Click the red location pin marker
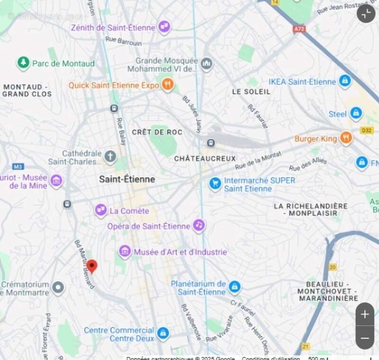(92, 266)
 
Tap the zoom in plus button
(365, 314)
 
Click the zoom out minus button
(365, 338)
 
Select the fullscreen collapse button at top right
(366, 13)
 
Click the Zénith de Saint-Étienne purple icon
(164, 27)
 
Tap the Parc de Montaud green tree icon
(23, 63)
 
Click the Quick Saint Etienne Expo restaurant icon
(167, 85)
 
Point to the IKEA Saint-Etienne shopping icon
(345, 81)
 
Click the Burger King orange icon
(346, 138)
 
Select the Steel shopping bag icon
(356, 113)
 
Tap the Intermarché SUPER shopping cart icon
(215, 184)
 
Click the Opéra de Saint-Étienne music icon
(199, 225)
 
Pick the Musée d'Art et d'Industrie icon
(125, 251)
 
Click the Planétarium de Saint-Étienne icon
(235, 287)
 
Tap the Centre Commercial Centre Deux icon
(163, 333)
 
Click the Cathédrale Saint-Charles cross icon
(110, 157)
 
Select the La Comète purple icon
(100, 210)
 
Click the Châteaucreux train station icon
(210, 143)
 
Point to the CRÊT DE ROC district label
(157, 132)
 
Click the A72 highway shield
(299, 29)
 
